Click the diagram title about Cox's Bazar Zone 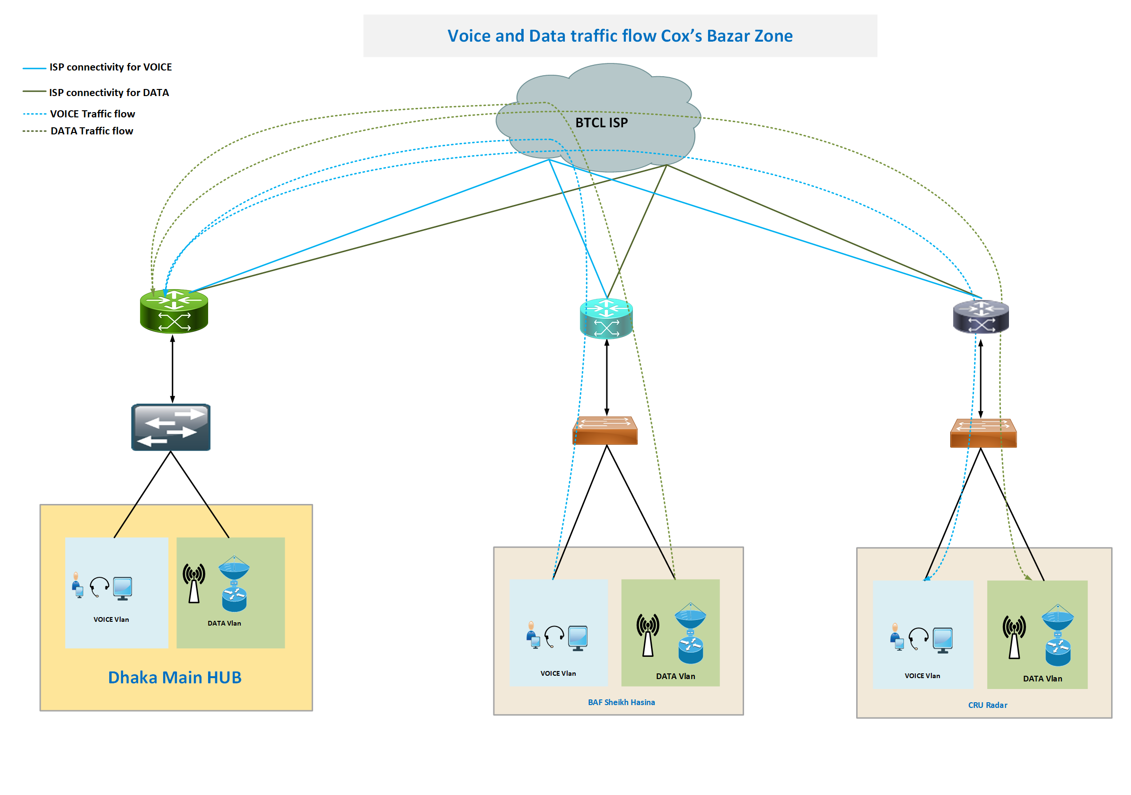pyautogui.click(x=620, y=36)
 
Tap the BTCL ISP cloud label pyautogui.click(x=602, y=123)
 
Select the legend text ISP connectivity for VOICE pyautogui.click(x=110, y=67)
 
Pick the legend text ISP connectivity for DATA pyautogui.click(x=109, y=93)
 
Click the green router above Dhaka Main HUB pyautogui.click(x=174, y=311)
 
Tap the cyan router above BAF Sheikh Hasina pyautogui.click(x=606, y=318)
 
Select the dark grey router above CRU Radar pyautogui.click(x=981, y=317)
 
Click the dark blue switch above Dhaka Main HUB pyautogui.click(x=171, y=427)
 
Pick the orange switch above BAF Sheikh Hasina pyautogui.click(x=605, y=431)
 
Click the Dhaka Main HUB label pyautogui.click(x=175, y=677)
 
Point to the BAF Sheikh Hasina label pyautogui.click(x=621, y=702)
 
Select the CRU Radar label pyautogui.click(x=988, y=705)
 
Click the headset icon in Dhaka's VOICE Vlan pyautogui.click(x=99, y=587)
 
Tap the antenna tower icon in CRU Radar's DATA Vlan pyautogui.click(x=1014, y=637)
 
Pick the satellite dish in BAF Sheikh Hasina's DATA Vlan pyautogui.click(x=690, y=616)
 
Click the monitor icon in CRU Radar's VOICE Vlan pyautogui.click(x=943, y=640)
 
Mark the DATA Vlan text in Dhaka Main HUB pyautogui.click(x=224, y=624)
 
